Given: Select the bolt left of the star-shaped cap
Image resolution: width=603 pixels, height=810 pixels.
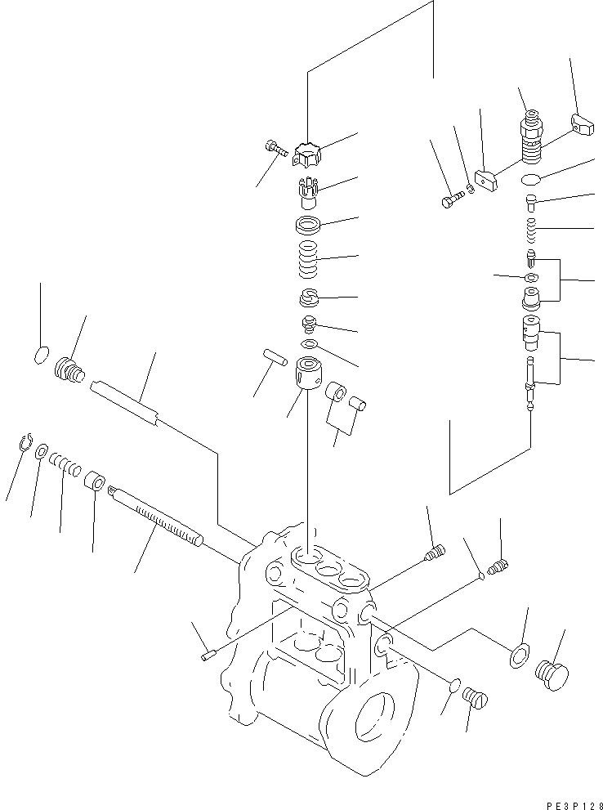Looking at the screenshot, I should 275,148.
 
